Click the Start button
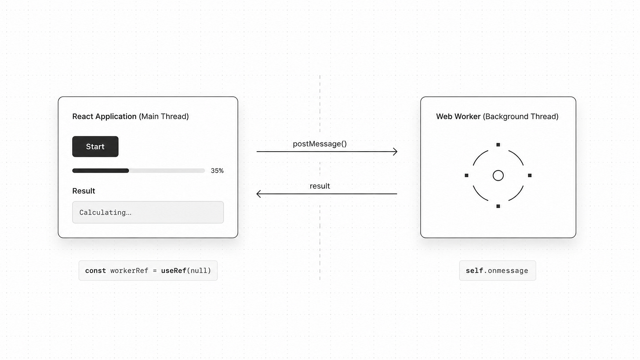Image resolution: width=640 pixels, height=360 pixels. [x=95, y=146]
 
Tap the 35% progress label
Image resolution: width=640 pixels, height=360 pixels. [x=217, y=171]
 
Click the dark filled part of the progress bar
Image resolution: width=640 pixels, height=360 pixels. [x=101, y=171]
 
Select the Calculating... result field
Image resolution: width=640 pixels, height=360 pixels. [x=148, y=212]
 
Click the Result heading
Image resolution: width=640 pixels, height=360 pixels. [x=84, y=191]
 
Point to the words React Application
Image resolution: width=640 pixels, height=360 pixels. [x=104, y=116]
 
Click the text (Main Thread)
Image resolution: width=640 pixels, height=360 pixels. [x=164, y=116]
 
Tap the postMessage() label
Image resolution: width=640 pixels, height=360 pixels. [x=320, y=144]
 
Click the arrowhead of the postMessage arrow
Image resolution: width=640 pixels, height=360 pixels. [x=395, y=151]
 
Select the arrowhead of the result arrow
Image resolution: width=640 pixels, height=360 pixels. [x=259, y=194]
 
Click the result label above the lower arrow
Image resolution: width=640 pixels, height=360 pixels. [x=320, y=186]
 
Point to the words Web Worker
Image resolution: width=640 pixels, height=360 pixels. [x=458, y=116]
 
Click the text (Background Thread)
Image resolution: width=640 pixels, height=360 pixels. [x=520, y=116]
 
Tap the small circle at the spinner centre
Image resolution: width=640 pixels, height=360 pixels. [x=498, y=175]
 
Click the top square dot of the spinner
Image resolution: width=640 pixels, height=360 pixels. [x=498, y=145]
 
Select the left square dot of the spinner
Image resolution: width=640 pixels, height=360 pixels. [x=466, y=175]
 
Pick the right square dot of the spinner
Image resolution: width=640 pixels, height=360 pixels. [x=530, y=175]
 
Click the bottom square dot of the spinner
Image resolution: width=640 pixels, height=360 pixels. [x=498, y=206]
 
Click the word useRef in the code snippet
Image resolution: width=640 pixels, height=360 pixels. [x=174, y=271]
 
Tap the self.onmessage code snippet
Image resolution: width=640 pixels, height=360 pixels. [x=497, y=271]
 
